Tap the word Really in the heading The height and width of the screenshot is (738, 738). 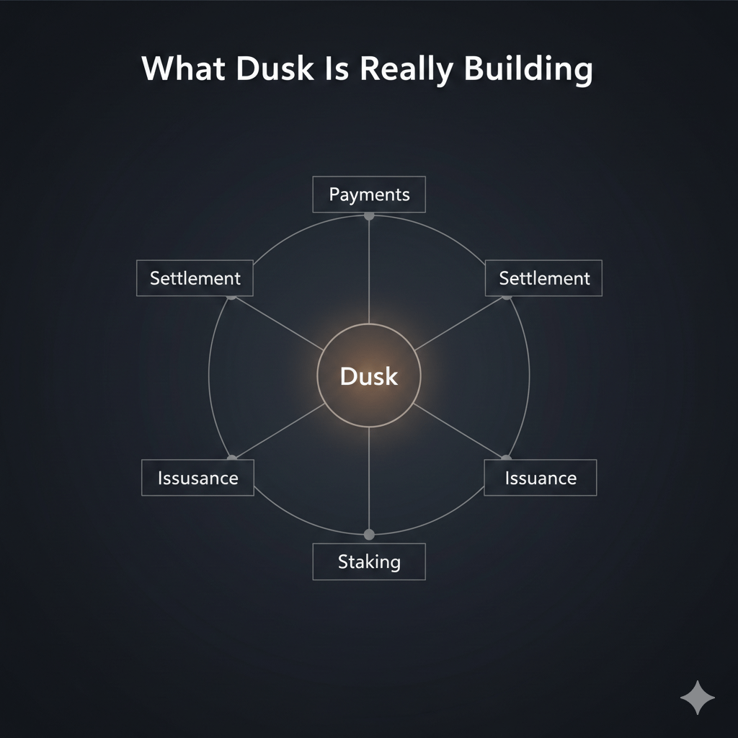click(408, 70)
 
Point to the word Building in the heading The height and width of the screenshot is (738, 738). click(528, 68)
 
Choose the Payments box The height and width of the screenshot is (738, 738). click(369, 195)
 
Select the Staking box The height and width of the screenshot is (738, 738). click(369, 561)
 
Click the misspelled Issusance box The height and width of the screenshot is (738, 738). click(197, 478)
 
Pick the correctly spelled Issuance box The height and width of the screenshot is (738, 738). click(540, 478)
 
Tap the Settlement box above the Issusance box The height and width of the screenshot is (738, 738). click(195, 278)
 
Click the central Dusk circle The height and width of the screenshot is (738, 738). click(368, 375)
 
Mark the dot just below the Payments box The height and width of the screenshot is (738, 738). click(369, 215)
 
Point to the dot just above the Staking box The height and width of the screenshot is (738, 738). click(369, 534)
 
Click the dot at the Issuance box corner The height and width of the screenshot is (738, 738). click(506, 458)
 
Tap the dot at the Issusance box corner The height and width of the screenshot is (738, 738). click(231, 458)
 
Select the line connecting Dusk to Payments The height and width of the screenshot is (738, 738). click(369, 270)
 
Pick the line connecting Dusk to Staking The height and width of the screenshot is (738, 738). click(369, 479)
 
